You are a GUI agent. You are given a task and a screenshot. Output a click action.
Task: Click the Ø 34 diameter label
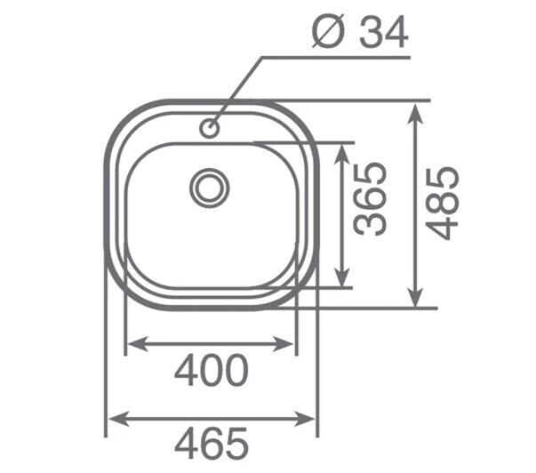click(360, 32)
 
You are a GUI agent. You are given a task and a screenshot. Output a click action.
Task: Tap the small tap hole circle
click(209, 128)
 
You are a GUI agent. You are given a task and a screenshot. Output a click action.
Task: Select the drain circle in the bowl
click(210, 188)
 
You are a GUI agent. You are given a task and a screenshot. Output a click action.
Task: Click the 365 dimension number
click(370, 199)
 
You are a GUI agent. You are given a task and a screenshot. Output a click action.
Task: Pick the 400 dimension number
click(212, 370)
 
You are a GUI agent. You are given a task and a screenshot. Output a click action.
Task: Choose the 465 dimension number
click(212, 444)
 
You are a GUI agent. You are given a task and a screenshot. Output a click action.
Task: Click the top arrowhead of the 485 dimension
click(415, 114)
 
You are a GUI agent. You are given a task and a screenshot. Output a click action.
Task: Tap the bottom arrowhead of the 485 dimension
click(415, 298)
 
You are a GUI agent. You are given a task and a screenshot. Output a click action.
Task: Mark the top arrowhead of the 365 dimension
click(341, 154)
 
